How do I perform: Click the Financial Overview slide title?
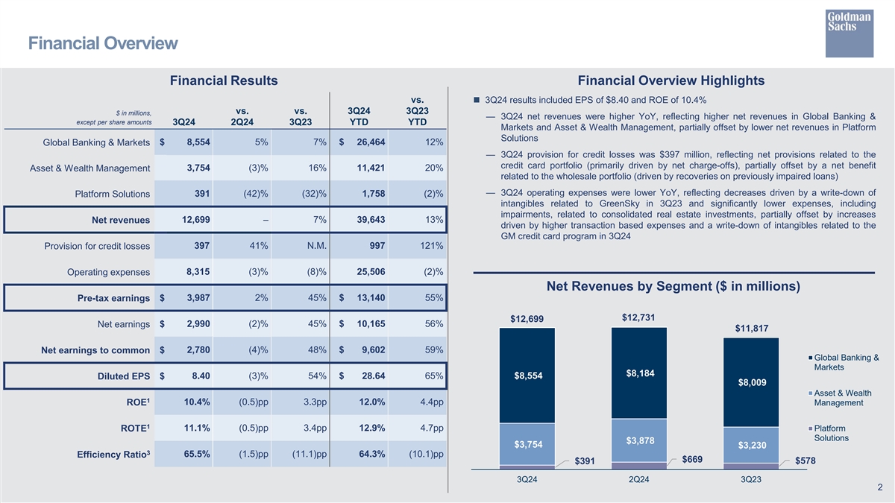103,44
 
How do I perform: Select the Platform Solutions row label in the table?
113,195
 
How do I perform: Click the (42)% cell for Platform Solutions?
251,194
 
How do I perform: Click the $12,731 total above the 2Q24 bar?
638,317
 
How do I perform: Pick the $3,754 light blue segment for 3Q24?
527,445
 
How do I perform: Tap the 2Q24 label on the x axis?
638,478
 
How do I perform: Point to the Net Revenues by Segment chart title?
673,287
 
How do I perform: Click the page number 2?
880,488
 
